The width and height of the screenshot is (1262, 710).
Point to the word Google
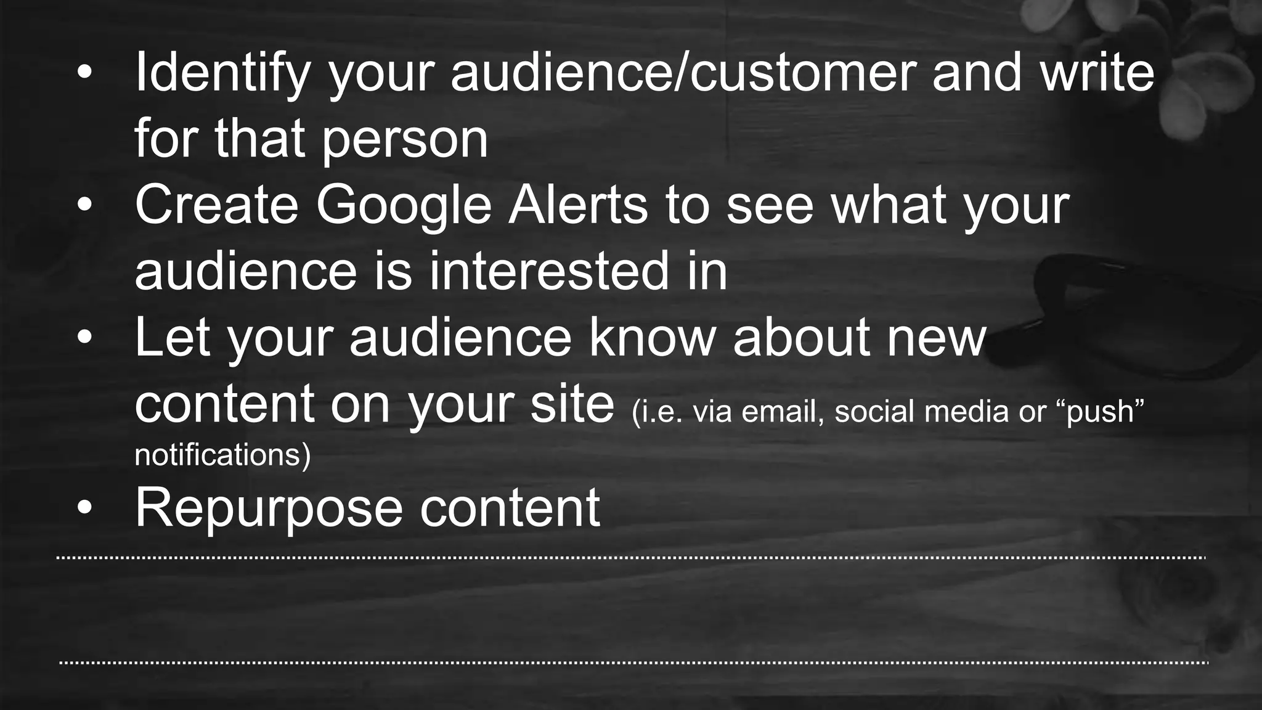pyautogui.click(x=404, y=206)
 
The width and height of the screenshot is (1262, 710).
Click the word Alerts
pyautogui.click(x=578, y=205)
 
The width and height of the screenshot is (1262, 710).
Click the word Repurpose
pyautogui.click(x=269, y=509)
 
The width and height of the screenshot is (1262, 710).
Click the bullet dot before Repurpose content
pyautogui.click(x=84, y=508)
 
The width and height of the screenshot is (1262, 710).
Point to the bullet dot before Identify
pyautogui.click(x=84, y=73)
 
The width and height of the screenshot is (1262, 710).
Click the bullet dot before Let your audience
pyautogui.click(x=84, y=338)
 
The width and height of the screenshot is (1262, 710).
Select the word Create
pyautogui.click(x=216, y=205)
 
